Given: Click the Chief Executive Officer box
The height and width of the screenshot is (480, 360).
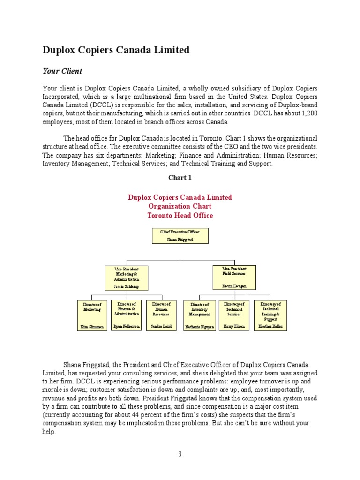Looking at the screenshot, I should point(180,236).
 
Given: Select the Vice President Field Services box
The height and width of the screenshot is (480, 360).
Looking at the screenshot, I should point(233,277).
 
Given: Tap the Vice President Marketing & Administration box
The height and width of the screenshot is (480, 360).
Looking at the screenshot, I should point(127,278).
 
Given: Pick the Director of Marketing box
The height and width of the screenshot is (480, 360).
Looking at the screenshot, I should point(92,315).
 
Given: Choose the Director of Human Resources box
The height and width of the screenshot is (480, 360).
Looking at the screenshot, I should point(161,315).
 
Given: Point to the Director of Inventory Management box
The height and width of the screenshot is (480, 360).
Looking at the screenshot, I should point(200,315).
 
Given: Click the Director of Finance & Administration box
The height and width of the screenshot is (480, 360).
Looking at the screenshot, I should point(127,315).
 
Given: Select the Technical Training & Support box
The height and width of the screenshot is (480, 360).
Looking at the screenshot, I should point(270,315).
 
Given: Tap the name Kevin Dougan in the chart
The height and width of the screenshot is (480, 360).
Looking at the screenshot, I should point(233,286).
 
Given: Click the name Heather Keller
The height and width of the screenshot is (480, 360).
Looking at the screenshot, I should point(270,326).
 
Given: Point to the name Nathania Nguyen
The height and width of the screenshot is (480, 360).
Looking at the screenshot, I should point(200,327).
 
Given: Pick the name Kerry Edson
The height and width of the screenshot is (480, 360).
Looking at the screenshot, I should point(234,326).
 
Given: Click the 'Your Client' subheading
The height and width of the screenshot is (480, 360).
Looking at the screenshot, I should point(62,71).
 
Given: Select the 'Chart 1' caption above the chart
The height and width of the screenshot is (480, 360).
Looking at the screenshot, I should point(180,178).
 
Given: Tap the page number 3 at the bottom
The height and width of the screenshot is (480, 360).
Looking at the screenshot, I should point(180,454).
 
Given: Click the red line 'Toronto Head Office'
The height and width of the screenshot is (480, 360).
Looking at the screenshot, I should point(180,216).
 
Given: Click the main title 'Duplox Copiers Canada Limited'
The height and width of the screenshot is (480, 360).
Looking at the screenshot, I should point(116,50).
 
